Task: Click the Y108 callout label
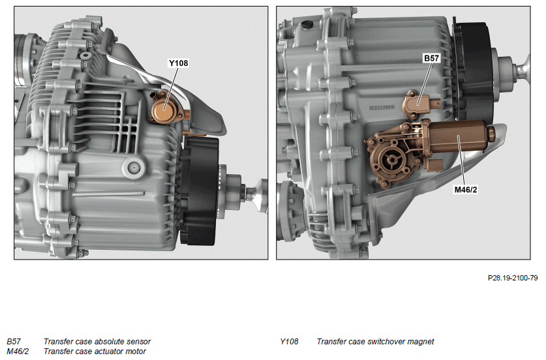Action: pos(178,63)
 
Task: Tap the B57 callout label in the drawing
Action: pos(431,58)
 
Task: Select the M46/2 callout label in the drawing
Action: pos(466,189)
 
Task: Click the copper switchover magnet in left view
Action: pos(164,109)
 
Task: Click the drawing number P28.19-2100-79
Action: pos(513,278)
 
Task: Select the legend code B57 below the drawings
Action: pos(14,342)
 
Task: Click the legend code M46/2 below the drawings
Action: pos(18,352)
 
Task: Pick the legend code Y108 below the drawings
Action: pos(289,342)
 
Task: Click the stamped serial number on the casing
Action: pos(382,108)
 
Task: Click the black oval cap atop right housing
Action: pos(307,25)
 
